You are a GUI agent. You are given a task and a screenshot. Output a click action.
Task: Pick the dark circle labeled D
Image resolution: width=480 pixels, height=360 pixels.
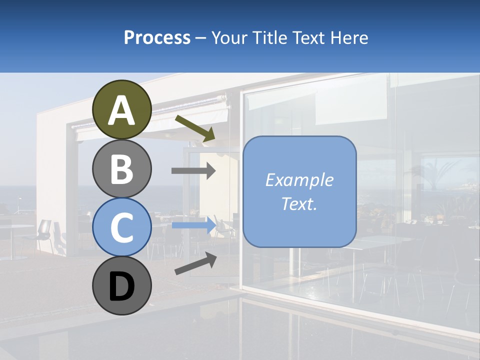coord(122,286)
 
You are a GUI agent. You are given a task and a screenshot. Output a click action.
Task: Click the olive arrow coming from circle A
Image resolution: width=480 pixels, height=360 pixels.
coord(195,128)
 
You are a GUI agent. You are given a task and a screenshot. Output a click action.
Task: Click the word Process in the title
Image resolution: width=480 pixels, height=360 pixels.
coord(157,37)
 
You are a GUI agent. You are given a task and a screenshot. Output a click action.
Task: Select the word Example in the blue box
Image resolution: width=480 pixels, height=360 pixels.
coord(299,179)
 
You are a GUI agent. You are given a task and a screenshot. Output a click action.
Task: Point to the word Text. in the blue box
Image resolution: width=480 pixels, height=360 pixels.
coord(299,203)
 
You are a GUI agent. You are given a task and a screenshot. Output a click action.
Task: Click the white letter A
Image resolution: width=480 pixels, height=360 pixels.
coord(122,110)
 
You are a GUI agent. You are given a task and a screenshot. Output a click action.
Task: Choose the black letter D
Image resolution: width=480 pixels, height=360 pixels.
coord(122,287)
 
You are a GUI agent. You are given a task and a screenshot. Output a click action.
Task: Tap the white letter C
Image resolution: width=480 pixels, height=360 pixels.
coord(122,228)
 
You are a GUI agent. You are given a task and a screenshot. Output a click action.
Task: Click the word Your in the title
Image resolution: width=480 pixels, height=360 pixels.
coord(227,37)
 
